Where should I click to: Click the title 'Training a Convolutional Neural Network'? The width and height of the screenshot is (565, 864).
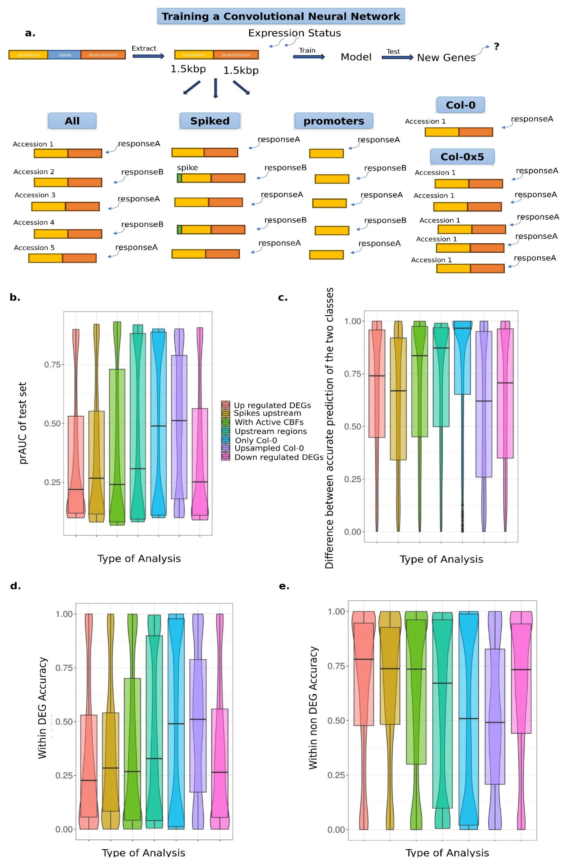pyautogui.click(x=280, y=16)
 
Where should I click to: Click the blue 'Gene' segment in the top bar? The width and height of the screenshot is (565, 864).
pyautogui.click(x=65, y=55)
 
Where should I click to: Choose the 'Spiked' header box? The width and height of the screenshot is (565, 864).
pyautogui.click(x=210, y=121)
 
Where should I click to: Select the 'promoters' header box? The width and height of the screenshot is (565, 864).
pyautogui.click(x=333, y=121)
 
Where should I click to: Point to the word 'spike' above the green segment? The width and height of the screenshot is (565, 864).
pyautogui.click(x=187, y=167)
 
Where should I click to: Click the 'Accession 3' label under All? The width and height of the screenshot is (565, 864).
pyautogui.click(x=35, y=195)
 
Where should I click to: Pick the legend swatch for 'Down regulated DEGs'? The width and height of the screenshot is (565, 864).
pyautogui.click(x=225, y=457)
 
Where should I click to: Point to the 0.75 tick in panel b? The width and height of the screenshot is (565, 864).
pyautogui.click(x=52, y=364)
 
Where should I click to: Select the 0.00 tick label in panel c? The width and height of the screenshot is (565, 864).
pyautogui.click(x=352, y=532)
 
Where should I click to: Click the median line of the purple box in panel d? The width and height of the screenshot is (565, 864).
pyautogui.click(x=198, y=719)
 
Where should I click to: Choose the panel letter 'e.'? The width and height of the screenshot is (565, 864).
pyautogui.click(x=284, y=586)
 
